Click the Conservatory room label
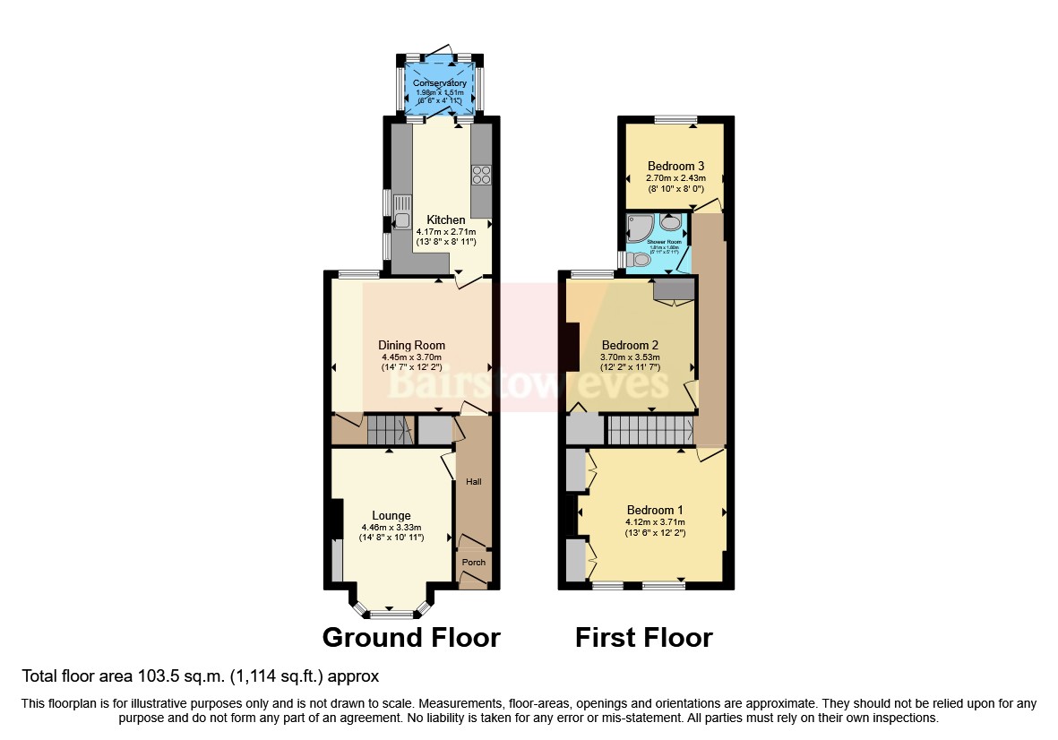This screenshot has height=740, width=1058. click(x=439, y=83)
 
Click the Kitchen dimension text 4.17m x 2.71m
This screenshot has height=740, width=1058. click(x=446, y=231)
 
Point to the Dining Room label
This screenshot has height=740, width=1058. click(x=411, y=345)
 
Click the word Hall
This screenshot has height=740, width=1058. click(x=473, y=482)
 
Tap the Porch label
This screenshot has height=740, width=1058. click(x=473, y=563)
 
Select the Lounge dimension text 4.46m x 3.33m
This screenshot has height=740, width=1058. click(x=391, y=527)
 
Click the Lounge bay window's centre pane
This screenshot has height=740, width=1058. click(x=391, y=615)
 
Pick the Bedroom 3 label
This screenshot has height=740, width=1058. click(x=676, y=166)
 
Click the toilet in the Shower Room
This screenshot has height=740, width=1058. click(x=638, y=259)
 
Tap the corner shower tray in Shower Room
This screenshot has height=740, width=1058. click(x=641, y=227)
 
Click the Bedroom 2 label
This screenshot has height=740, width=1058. click(x=630, y=345)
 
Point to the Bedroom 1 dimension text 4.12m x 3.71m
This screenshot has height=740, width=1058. click(x=655, y=522)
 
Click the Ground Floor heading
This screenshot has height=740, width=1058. click(x=411, y=637)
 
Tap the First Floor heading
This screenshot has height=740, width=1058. click(x=643, y=637)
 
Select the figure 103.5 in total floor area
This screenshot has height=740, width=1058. click(x=162, y=675)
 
